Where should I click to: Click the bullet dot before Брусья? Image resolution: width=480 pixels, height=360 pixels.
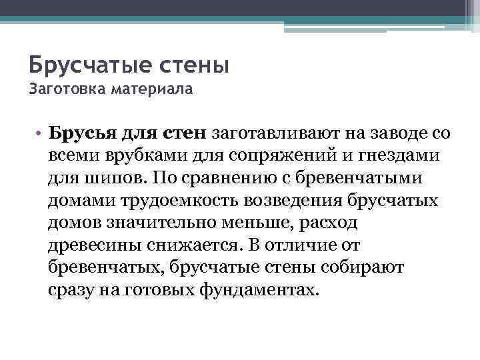tap(40, 133)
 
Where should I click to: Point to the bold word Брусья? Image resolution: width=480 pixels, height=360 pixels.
tap(83, 133)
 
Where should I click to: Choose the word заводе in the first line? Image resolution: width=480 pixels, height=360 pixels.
tap(393, 133)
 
